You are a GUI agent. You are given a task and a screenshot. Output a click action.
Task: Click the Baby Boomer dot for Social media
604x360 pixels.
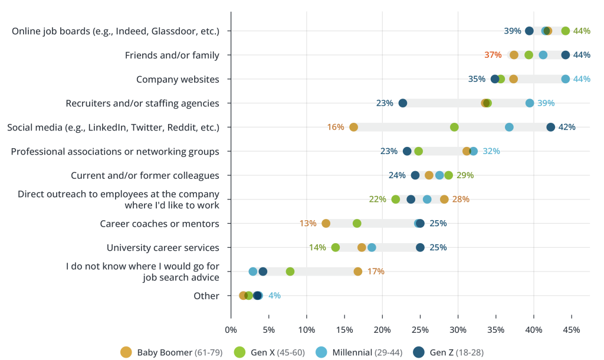pos(353,127)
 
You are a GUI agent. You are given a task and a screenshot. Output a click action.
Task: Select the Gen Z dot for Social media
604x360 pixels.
pos(550,127)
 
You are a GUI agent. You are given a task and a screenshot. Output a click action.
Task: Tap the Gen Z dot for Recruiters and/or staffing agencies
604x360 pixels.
pos(403,103)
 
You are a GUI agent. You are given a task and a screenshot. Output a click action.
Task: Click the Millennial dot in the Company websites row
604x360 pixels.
pos(566,79)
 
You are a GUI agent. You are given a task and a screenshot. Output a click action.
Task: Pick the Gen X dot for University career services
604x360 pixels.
pos(336,247)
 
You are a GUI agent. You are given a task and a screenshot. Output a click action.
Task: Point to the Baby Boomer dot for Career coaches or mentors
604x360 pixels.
pos(326,223)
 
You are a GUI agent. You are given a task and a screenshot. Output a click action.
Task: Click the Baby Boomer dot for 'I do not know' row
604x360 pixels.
pos(358,271)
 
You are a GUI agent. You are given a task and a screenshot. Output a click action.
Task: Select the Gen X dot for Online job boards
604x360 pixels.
pos(566,31)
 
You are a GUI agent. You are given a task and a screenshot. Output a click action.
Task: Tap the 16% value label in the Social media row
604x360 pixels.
pos(336,127)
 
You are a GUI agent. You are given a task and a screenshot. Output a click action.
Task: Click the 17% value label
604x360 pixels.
pos(376,271)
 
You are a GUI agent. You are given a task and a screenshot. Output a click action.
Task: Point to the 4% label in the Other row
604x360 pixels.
pos(274,296)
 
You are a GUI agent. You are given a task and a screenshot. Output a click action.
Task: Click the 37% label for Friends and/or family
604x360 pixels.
pos(493,55)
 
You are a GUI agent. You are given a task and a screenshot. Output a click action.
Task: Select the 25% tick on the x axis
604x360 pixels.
pos(420,329)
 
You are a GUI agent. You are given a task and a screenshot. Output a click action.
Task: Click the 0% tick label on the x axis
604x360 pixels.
pos(231,329)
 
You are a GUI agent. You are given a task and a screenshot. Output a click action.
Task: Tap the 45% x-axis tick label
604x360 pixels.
pos(572,329)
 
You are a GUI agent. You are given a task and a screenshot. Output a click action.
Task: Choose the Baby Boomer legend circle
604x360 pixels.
pos(126,352)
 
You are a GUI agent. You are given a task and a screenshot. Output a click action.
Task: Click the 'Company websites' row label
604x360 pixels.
pos(178,79)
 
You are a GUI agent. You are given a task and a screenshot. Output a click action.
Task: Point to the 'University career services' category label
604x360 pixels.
pos(163,247)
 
